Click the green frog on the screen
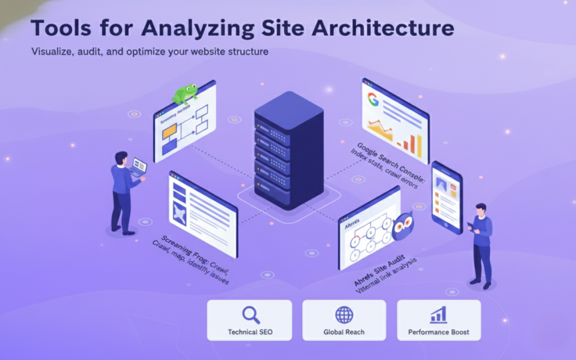(185, 94)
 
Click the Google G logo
(372, 100)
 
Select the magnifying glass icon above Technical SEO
(250, 314)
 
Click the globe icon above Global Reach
(344, 315)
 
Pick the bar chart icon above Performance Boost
(439, 314)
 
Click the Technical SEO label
(250, 332)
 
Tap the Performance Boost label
(439, 332)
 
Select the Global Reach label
(344, 332)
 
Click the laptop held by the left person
(138, 167)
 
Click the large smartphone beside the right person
(446, 196)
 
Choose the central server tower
(289, 149)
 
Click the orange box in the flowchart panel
(169, 132)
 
